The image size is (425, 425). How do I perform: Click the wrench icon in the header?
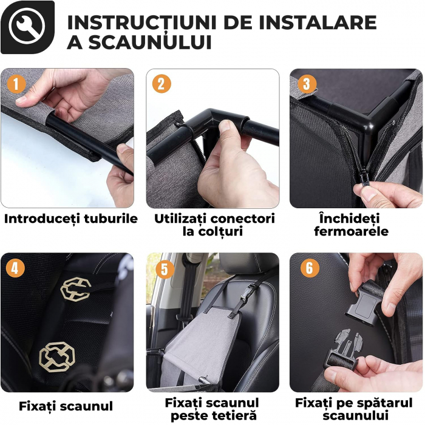pyautogui.click(x=27, y=27)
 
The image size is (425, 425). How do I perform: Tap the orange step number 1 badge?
pyautogui.click(x=16, y=84)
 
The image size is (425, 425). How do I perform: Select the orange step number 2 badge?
pyautogui.click(x=161, y=84)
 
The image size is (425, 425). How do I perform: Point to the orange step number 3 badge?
pyautogui.click(x=307, y=84)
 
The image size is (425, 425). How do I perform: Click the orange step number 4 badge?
pyautogui.click(x=15, y=268)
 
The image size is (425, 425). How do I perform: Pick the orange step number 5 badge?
pyautogui.click(x=165, y=270)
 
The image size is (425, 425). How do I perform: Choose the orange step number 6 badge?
pyautogui.click(x=310, y=268)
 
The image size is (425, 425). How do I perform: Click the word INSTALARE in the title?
pyautogui.click(x=318, y=22)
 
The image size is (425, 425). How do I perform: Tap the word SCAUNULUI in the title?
pyautogui.click(x=150, y=42)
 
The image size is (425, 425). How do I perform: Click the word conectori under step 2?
pyautogui.click(x=243, y=219)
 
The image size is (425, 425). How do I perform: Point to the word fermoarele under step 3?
pyautogui.click(x=352, y=231)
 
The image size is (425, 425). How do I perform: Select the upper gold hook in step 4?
pyautogui.click(x=76, y=289)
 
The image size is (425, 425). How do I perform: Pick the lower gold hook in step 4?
pyautogui.click(x=57, y=357)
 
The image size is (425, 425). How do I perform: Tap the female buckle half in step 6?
pyautogui.click(x=364, y=305)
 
